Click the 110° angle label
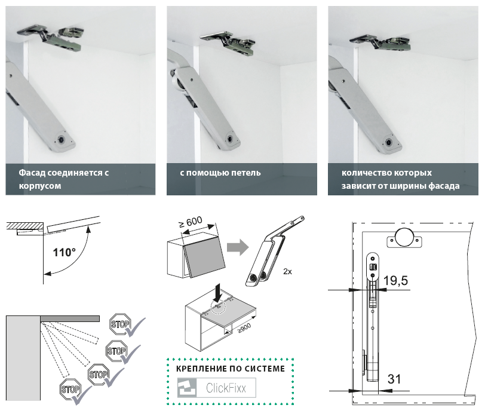(65, 253)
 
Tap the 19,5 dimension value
(396, 281)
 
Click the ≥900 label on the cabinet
(243, 330)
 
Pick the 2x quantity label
(287, 271)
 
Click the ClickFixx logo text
(226, 388)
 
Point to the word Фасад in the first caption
(32, 173)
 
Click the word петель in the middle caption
(244, 173)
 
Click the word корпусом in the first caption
(40, 186)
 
